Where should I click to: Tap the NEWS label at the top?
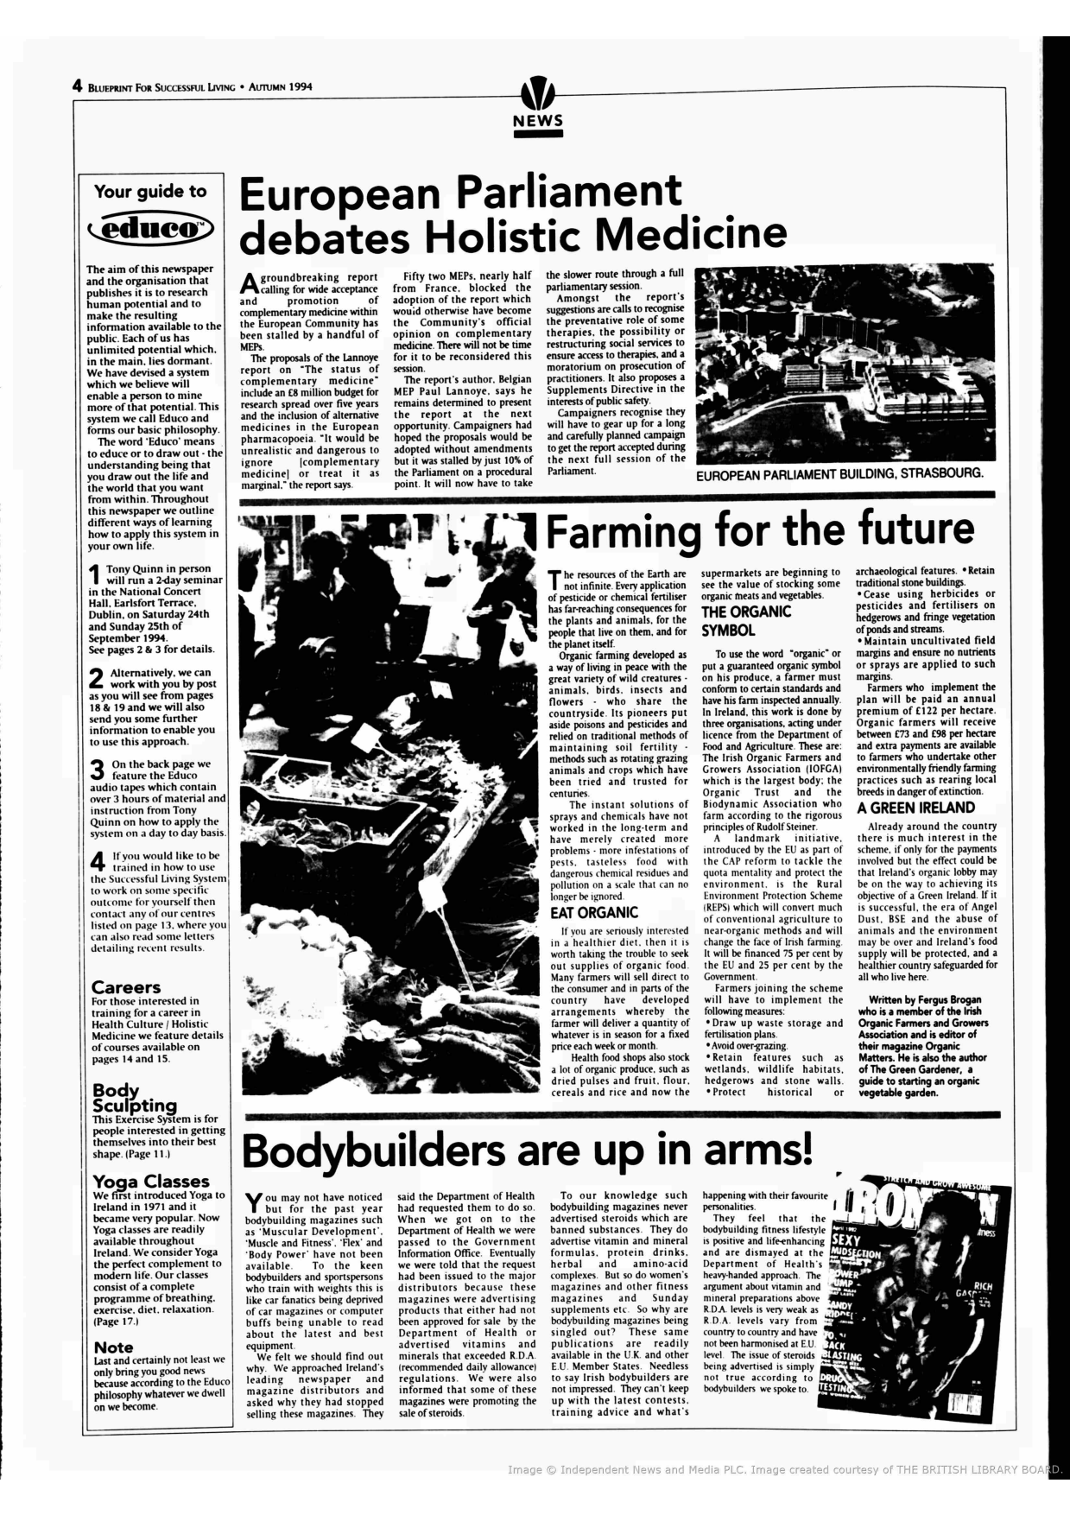[537, 121]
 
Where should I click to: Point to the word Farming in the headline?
[624, 529]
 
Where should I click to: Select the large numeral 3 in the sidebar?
[97, 770]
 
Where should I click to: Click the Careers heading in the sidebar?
[126, 986]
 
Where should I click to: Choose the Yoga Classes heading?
[151, 1181]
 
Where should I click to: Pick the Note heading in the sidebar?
[113, 1347]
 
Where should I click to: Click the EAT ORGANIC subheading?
[594, 912]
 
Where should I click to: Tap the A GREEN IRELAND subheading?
[915, 808]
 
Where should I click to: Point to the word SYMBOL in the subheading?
[729, 631]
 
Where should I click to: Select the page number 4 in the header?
[77, 86]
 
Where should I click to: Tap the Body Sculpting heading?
[134, 1098]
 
